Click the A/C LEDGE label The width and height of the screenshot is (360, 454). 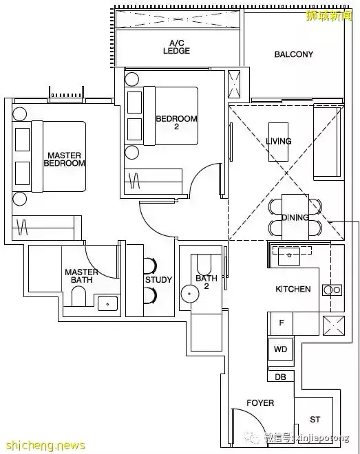176,47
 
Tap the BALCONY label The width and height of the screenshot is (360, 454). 294,54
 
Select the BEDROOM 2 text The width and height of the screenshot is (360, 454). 176,122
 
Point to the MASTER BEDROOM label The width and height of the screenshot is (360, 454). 64,160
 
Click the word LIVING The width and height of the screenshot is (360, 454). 279,141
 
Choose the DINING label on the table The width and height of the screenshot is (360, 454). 295,217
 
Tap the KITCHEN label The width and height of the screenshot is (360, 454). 293,289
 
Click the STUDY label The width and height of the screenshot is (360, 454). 158,280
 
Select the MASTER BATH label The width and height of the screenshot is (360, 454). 81,276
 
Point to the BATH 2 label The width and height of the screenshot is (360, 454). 207,282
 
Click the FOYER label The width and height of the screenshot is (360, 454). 260,402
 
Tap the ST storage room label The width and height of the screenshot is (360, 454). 315,419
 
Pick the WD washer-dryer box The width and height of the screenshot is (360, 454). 281,349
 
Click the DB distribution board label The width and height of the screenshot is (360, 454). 280,377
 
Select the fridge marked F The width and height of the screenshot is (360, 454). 282,323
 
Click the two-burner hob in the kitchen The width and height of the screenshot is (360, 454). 332,290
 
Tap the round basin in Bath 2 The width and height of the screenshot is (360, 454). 190,294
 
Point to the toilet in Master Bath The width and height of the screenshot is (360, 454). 78,296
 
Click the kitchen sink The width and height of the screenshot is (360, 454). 288,256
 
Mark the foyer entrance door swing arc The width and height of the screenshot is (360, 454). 254,417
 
